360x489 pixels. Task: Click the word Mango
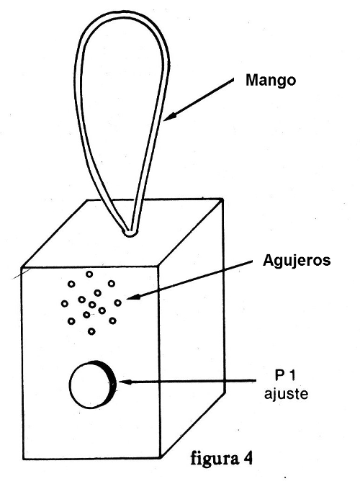(271, 81)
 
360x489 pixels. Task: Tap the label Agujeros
(297, 261)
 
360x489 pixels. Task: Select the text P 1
(285, 375)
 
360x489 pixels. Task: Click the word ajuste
(286, 394)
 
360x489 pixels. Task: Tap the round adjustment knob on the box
(93, 385)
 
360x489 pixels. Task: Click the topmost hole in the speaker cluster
(89, 274)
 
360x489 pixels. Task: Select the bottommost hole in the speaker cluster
(91, 331)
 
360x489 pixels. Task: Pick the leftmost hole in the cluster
(65, 303)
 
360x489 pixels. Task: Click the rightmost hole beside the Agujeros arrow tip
(117, 302)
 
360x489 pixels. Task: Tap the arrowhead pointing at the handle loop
(170, 117)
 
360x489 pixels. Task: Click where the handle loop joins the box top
(130, 233)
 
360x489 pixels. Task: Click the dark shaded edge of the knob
(111, 385)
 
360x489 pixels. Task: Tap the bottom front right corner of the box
(161, 458)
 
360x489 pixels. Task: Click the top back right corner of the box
(222, 199)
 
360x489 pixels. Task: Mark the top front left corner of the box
(22, 267)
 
